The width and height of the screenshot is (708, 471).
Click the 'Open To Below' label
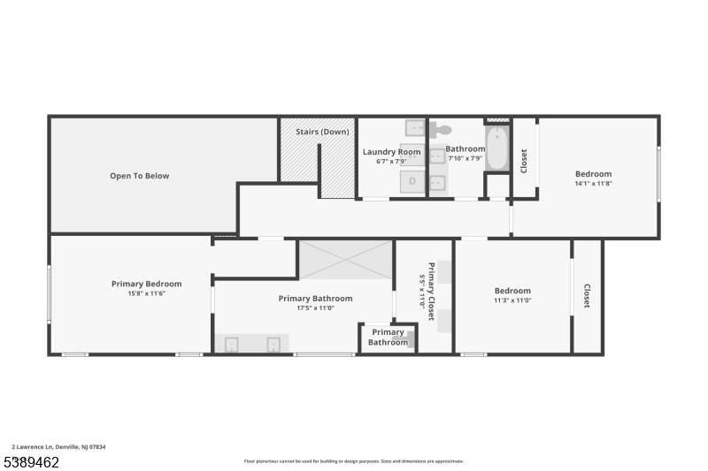tap(139, 176)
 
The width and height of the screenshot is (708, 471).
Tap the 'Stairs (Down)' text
tap(321, 132)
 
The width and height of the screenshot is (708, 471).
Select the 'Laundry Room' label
tap(391, 152)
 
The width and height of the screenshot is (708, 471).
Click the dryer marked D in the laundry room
tap(412, 182)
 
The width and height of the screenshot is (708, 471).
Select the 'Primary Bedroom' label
tap(146, 284)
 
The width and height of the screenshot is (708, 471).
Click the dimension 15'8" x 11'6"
tap(146, 293)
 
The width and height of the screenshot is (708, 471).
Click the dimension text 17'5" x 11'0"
tap(315, 308)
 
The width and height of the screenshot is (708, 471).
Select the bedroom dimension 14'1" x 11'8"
tap(593, 184)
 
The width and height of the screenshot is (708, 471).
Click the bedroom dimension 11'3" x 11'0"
tap(512, 300)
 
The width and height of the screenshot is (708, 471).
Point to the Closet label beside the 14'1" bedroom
tap(524, 160)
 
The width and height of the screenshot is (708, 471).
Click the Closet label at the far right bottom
tap(587, 296)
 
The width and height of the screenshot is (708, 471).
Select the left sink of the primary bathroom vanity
tap(232, 344)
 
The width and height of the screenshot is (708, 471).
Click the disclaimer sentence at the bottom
tap(353, 461)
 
